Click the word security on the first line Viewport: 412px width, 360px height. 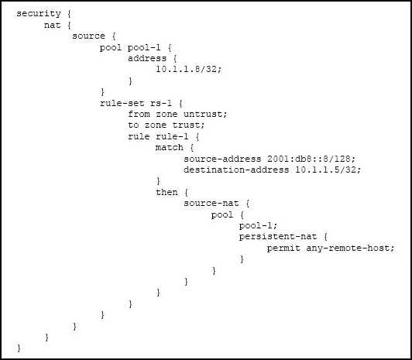[x=39, y=14]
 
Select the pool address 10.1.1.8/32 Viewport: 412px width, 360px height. [x=187, y=69]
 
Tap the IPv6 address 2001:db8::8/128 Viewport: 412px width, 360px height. [x=309, y=159]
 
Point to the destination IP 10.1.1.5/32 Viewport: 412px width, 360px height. [x=325, y=170]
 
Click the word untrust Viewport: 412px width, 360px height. [x=203, y=114]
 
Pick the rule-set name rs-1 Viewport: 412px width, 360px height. [x=161, y=103]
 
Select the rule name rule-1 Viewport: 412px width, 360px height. [x=172, y=136]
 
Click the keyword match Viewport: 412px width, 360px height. [x=170, y=147]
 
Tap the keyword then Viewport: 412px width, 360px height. [x=167, y=192]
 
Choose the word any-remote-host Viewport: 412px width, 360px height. [x=348, y=249]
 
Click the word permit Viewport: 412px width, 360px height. [x=283, y=249]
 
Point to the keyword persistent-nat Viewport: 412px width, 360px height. [x=278, y=237]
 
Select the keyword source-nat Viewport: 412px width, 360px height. [x=211, y=204]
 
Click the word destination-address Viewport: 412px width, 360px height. [x=236, y=170]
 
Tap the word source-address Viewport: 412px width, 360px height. [x=222, y=159]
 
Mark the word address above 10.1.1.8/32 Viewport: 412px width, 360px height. [x=147, y=58]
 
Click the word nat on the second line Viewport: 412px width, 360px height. [x=53, y=26]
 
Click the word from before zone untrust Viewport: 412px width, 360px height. [x=139, y=114]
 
